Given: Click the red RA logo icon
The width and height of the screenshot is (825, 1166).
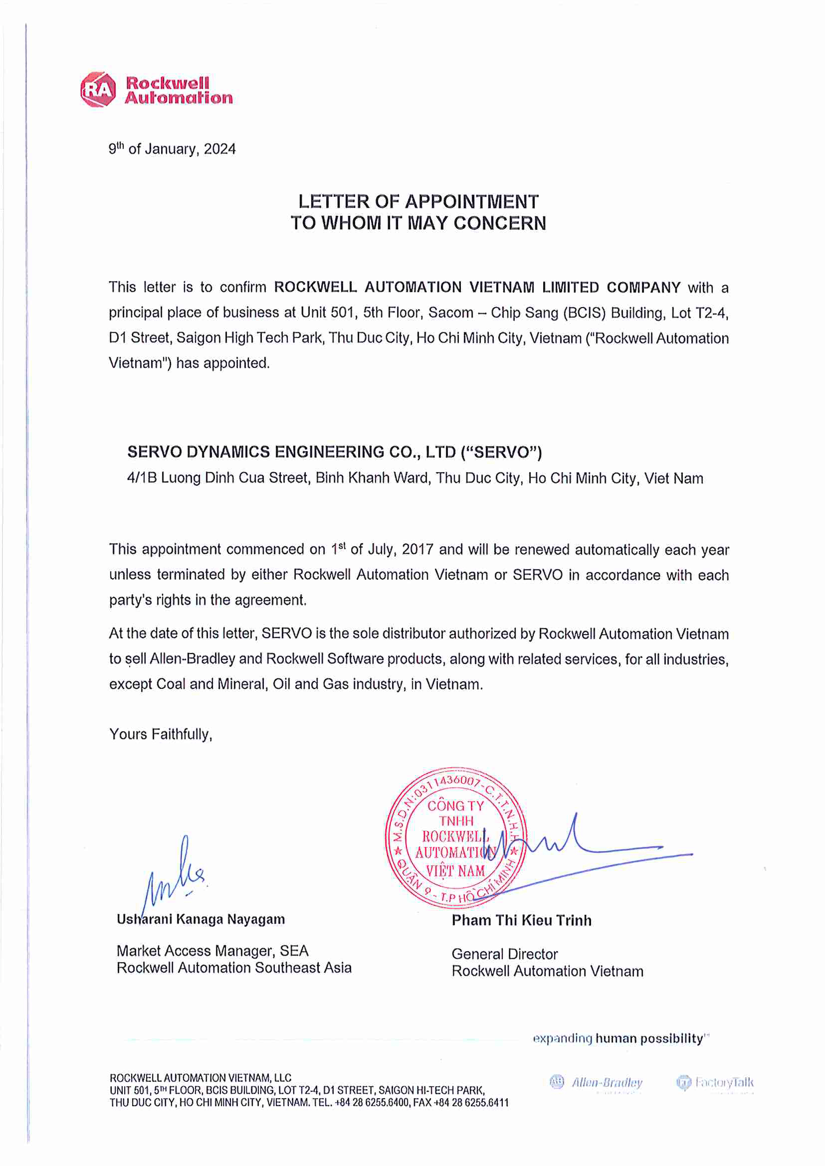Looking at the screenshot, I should point(98,90).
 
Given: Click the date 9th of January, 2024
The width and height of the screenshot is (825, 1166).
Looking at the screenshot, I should point(172,150).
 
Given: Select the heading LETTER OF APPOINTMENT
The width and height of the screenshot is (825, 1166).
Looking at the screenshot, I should point(418,201).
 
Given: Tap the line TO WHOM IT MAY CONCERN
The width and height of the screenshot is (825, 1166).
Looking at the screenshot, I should point(418,223).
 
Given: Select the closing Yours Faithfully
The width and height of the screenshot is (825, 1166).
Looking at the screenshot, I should point(161,734).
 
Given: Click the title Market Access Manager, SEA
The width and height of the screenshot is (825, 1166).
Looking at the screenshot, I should point(212,951).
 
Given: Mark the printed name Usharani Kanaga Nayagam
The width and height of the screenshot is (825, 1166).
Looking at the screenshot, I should point(201,919).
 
